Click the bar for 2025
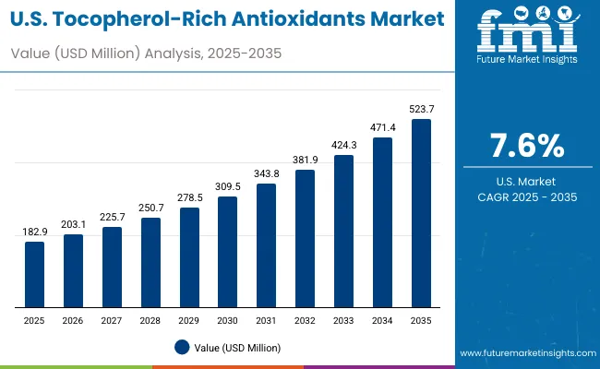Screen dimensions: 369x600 pyautogui.click(x=34, y=274)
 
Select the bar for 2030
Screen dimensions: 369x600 pyautogui.click(x=228, y=252)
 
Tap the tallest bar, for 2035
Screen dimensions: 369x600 pyautogui.click(x=421, y=213)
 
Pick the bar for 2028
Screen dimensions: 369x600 pyautogui.click(x=150, y=262)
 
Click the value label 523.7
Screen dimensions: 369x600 pyautogui.click(x=421, y=110)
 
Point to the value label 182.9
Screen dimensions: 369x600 pyautogui.click(x=34, y=232)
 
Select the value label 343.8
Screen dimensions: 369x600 pyautogui.click(x=267, y=174)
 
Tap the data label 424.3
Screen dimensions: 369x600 pyautogui.click(x=343, y=146)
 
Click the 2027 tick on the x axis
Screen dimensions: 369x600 pyautogui.click(x=112, y=320)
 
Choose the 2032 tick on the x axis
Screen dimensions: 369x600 pyautogui.click(x=305, y=320)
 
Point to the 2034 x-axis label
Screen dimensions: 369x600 pyautogui.click(x=382, y=320)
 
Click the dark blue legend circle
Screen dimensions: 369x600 pyautogui.click(x=181, y=347)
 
